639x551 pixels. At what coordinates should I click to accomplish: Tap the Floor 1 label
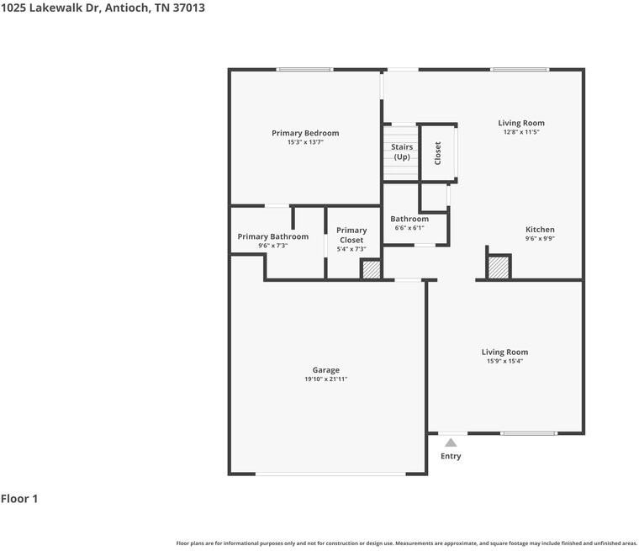click(19, 499)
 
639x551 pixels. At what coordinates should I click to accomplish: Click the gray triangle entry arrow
click(451, 442)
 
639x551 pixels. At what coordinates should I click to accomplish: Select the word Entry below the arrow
click(451, 456)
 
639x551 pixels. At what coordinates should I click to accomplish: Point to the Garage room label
click(326, 370)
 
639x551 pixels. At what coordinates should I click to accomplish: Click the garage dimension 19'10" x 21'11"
click(326, 379)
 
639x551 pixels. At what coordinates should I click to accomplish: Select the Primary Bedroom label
click(305, 133)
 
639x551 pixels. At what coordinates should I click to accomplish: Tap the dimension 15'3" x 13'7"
click(305, 142)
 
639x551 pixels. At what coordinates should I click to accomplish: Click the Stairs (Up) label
click(402, 152)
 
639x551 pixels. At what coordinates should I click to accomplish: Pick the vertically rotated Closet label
click(438, 153)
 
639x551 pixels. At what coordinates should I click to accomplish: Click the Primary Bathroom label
click(272, 236)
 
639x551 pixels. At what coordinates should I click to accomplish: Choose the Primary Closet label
click(351, 235)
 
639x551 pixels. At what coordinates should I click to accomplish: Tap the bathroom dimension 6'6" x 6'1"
click(409, 228)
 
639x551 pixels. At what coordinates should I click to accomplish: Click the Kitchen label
click(540, 230)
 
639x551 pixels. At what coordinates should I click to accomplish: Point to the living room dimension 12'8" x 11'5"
click(521, 132)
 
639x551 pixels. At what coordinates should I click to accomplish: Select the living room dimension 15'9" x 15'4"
click(504, 361)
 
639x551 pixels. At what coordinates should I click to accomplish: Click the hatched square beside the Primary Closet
click(371, 269)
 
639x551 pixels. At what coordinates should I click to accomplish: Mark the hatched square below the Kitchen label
click(499, 268)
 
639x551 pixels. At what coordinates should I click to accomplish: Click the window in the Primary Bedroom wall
click(304, 70)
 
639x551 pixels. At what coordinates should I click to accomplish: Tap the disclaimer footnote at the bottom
click(406, 543)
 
